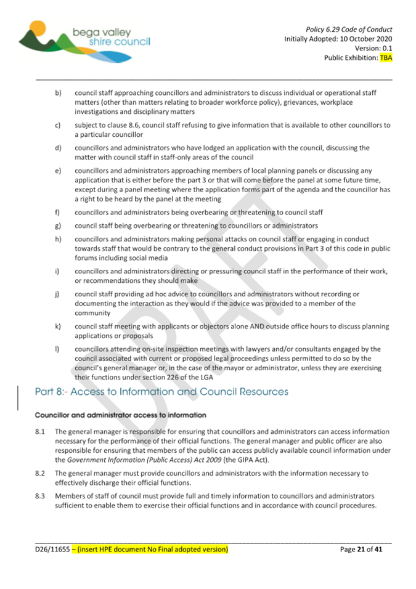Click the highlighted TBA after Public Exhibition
[386, 59]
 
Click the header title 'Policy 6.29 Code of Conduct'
[349, 29]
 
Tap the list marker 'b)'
[57, 93]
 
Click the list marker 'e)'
[57, 171]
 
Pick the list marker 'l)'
[57, 349]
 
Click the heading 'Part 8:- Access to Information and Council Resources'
[161, 392]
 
